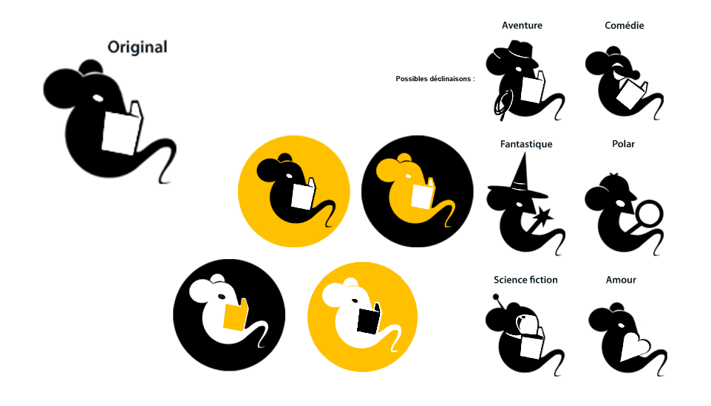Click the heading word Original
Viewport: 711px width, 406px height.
tap(137, 47)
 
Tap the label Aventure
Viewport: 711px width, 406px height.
tap(522, 25)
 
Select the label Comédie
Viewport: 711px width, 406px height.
tap(625, 25)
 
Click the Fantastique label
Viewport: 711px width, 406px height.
tap(526, 144)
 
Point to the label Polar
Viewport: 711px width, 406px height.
tap(624, 144)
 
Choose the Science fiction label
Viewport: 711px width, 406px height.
tap(525, 280)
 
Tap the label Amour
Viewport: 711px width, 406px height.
tap(621, 280)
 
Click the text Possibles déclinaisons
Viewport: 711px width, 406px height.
tap(435, 79)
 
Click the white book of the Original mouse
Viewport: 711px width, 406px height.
tap(121, 131)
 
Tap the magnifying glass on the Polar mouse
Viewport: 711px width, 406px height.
tap(650, 214)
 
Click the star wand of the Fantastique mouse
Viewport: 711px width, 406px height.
tap(542, 217)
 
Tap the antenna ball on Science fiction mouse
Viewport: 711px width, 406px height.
tap(496, 297)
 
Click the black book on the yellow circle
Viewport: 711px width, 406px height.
tap(369, 319)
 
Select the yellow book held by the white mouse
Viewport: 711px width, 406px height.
tap(235, 315)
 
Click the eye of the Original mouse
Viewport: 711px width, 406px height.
tap(98, 97)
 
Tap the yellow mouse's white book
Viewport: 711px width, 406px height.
tap(423, 194)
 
